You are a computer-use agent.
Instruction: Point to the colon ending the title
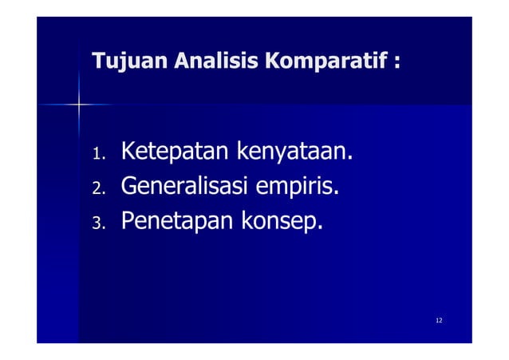click(x=396, y=62)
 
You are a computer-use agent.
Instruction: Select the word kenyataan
click(x=289, y=152)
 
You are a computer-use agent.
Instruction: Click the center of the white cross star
click(x=80, y=104)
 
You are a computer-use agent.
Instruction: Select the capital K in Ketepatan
click(x=128, y=150)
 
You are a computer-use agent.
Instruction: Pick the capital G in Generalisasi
click(x=129, y=186)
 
